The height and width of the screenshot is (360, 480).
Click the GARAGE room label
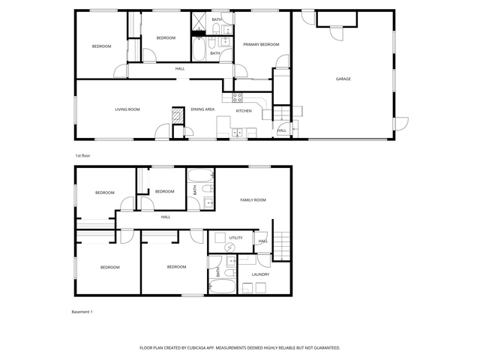point(343,79)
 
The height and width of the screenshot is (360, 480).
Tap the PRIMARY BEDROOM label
point(261,44)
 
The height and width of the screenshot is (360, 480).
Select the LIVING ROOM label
point(127,109)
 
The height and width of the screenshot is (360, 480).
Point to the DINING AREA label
point(202,109)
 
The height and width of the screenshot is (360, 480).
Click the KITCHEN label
point(244,111)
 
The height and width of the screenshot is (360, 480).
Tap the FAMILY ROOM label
point(253,200)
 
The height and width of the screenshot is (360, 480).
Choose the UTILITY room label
point(235,238)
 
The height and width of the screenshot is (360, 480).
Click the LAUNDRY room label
point(260,274)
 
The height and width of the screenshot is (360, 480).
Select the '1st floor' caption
point(82,155)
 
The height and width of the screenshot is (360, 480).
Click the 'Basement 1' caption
point(82,312)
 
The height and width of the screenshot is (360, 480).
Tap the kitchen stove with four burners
point(237,97)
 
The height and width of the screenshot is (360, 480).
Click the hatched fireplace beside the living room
point(178,115)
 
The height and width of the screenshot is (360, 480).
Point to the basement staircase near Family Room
point(282,246)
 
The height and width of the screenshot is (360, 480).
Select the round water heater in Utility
point(229,247)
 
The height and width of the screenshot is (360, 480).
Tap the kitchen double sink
point(237,133)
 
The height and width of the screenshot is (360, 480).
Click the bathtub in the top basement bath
point(200,176)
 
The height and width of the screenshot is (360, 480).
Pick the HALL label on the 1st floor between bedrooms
point(180,69)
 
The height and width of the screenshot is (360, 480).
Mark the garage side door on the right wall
point(401,124)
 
